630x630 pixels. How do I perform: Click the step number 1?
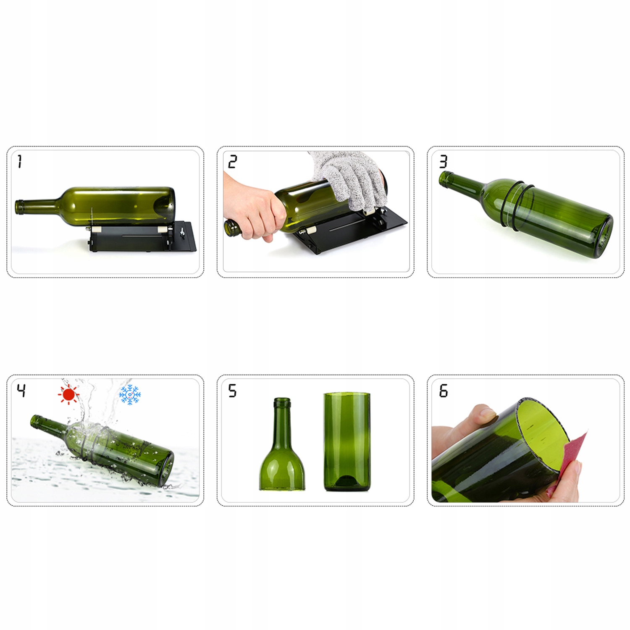coord(20,161)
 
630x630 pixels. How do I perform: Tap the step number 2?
coord(232,161)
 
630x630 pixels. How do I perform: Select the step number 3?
coord(443,161)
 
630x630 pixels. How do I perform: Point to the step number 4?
coord(21,390)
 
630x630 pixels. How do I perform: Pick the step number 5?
coord(232,390)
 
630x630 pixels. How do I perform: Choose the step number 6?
coord(444,390)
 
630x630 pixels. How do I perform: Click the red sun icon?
coord(68,394)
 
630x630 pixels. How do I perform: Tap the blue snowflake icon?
coord(130,394)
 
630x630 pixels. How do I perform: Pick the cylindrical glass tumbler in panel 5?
coord(347,442)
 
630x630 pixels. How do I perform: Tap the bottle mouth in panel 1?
coord(19,207)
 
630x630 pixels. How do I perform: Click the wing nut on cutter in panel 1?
coord(182,232)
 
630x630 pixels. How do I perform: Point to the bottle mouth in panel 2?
coord(232,228)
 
